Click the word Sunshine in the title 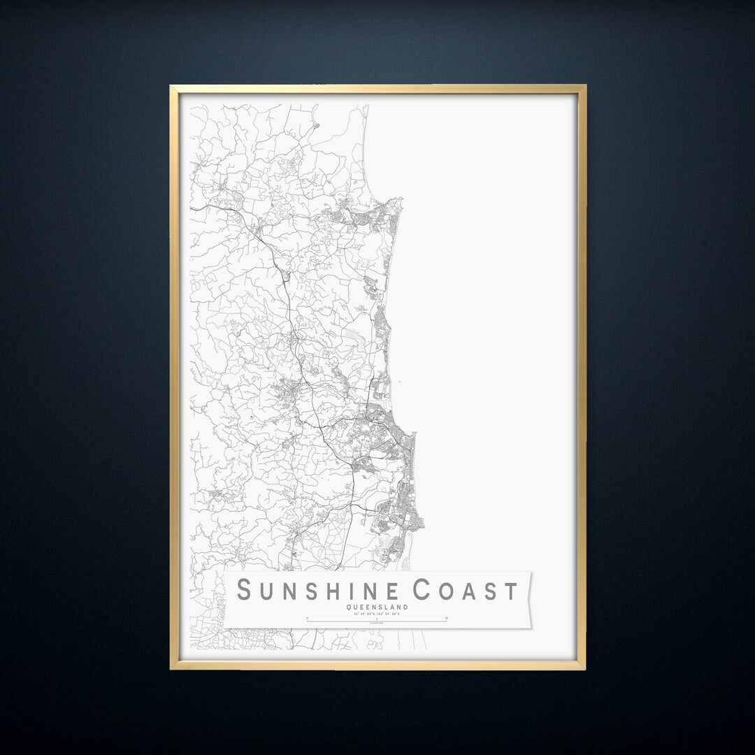coord(322,591)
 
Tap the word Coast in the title coord(466,591)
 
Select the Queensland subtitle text coord(377,607)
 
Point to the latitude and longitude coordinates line coord(377,613)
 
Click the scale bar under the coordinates coord(377,620)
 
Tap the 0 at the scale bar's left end coord(308,618)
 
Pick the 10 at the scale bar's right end coord(445,618)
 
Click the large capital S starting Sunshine coord(245,590)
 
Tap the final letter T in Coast coord(510,591)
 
